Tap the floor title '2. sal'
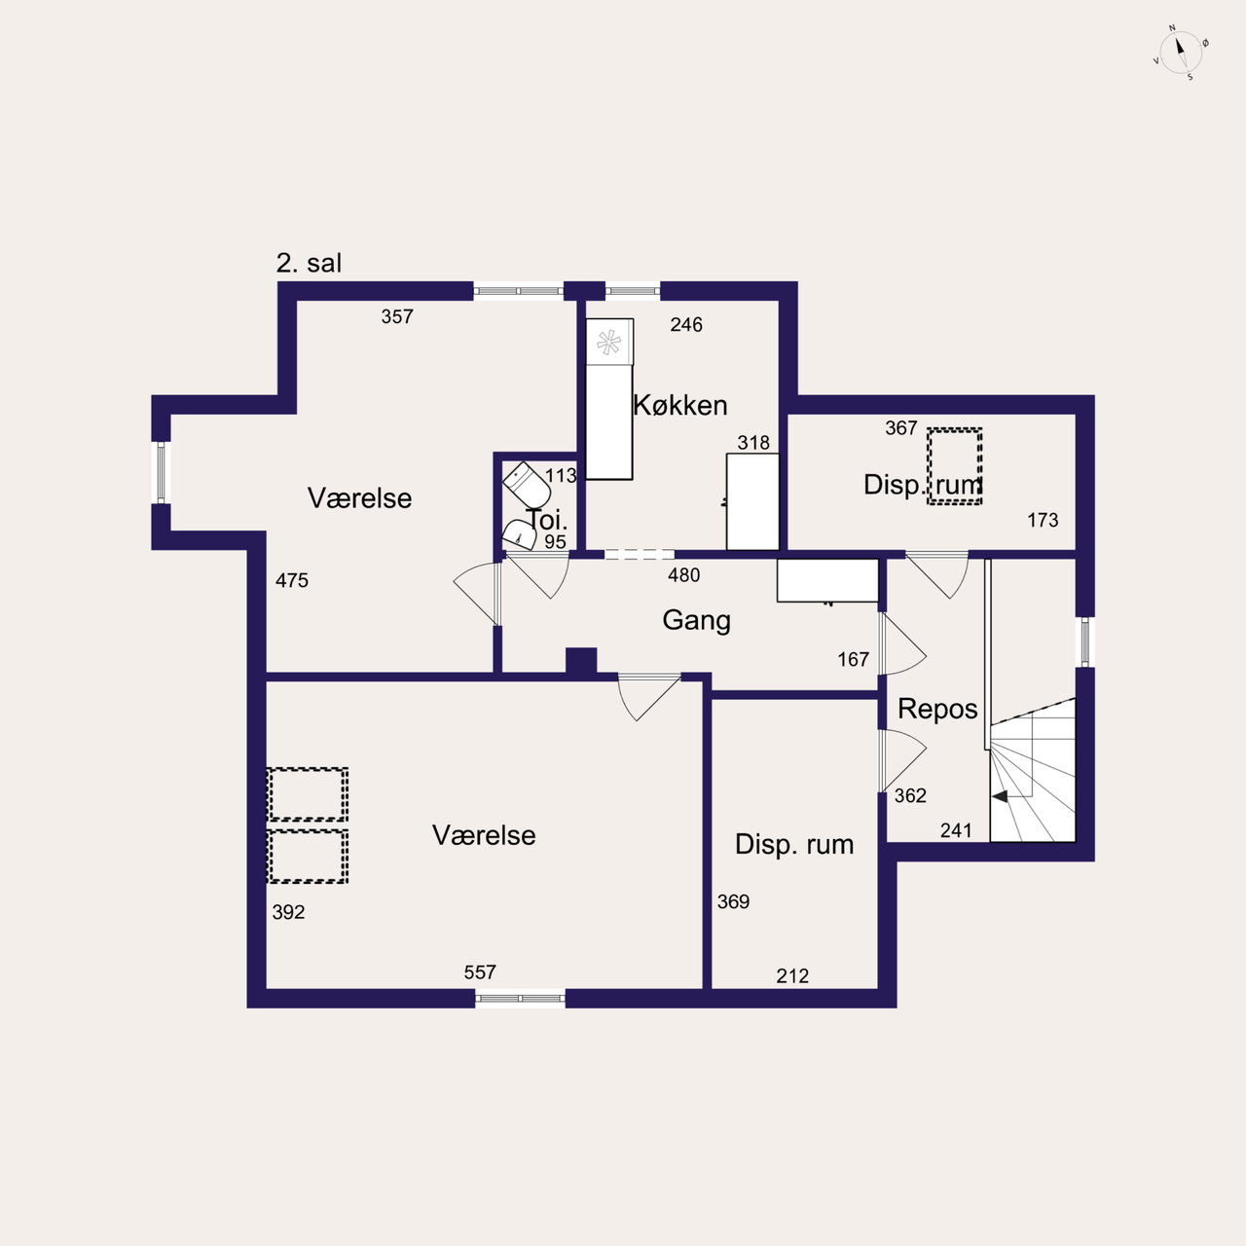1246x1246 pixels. tap(309, 263)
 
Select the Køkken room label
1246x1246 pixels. tap(680, 405)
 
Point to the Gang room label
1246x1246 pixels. tap(696, 620)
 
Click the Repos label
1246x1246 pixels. tap(937, 710)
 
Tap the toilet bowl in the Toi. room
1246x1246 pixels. tap(527, 485)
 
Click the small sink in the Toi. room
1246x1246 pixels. tap(519, 534)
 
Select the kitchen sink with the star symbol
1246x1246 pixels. tap(609, 342)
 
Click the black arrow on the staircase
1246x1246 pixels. tap(1000, 796)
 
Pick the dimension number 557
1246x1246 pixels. tap(480, 972)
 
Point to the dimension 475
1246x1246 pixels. tap(292, 580)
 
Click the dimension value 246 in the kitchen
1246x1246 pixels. tap(686, 324)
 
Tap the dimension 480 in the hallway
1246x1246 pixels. tap(684, 575)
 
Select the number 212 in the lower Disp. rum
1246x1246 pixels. tap(792, 975)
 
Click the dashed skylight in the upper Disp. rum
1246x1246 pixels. tap(954, 466)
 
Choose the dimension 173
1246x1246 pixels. tap(1043, 520)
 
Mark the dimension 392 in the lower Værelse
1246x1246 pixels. tap(288, 912)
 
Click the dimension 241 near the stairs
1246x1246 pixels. tap(956, 830)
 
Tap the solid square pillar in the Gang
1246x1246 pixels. tap(581, 662)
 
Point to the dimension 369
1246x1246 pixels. tap(733, 901)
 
